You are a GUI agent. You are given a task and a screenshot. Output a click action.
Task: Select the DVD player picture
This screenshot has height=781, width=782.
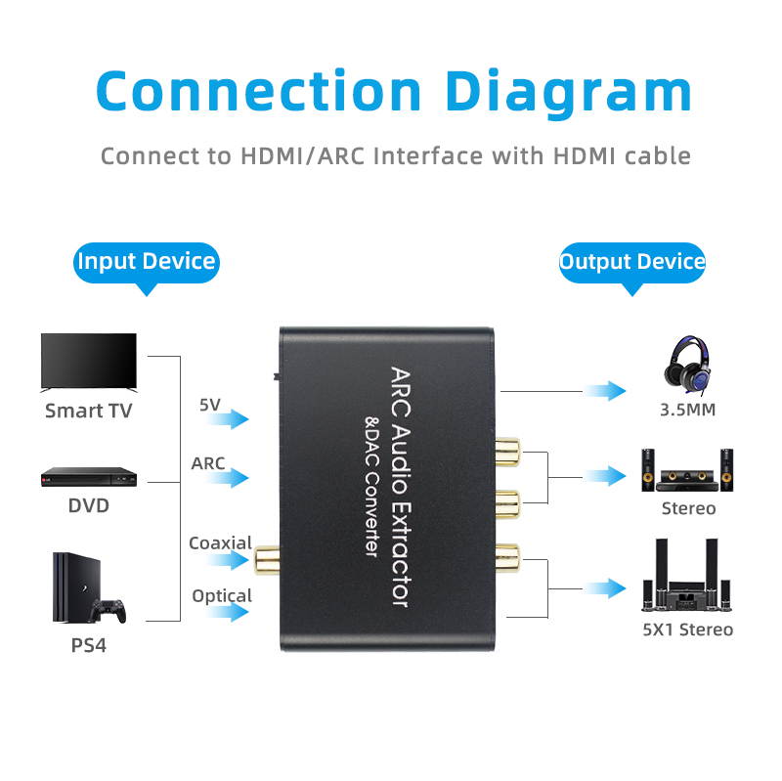(x=88, y=476)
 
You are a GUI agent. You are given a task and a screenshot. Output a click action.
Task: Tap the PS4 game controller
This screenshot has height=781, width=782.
(x=109, y=609)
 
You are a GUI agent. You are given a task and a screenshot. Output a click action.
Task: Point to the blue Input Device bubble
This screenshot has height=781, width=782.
(x=147, y=262)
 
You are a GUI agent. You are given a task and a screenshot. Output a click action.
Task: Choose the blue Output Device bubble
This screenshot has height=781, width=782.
(x=631, y=262)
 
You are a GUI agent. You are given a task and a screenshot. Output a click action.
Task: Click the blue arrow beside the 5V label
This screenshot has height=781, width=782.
(x=228, y=419)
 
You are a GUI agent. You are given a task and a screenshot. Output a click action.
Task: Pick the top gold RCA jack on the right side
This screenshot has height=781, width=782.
(x=506, y=452)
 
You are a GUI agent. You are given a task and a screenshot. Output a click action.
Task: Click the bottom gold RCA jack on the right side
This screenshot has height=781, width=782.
(x=506, y=559)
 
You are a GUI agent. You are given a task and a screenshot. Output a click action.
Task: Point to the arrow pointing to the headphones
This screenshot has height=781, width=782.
(x=606, y=391)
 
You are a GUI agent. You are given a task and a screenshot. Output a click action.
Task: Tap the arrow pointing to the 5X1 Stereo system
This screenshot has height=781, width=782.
(x=606, y=588)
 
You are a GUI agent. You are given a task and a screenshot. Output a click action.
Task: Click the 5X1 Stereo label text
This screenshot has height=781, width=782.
(x=687, y=629)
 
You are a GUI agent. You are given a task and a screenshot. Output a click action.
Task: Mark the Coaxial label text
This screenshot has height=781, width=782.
(x=220, y=543)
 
